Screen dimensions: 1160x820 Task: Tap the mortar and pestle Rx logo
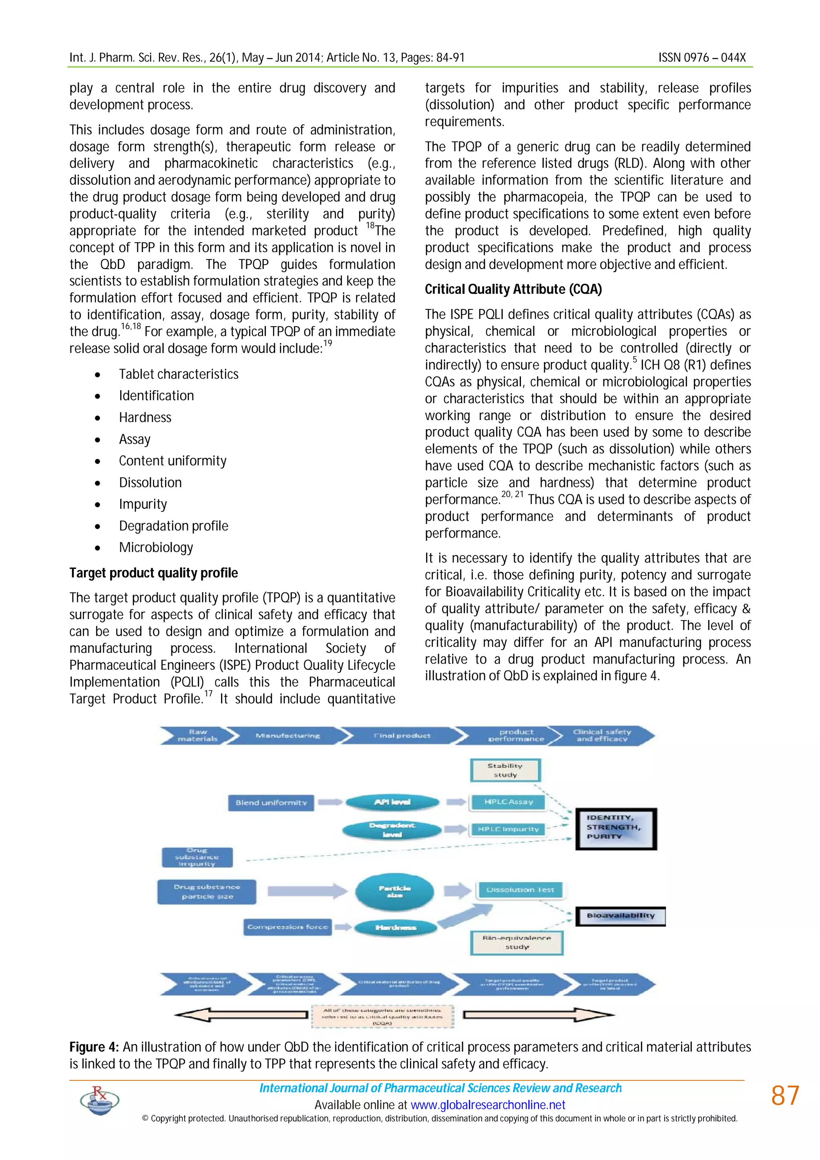click(100, 1100)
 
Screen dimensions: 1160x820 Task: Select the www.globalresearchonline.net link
click(488, 1105)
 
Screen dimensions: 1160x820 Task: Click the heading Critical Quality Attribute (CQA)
click(513, 289)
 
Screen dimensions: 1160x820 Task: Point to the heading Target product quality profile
click(154, 573)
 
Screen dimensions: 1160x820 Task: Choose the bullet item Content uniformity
click(172, 461)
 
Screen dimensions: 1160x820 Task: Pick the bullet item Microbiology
click(156, 548)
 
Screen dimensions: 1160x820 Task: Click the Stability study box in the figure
click(505, 771)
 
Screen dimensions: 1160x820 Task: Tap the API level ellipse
click(392, 802)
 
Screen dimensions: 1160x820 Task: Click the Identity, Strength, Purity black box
click(616, 829)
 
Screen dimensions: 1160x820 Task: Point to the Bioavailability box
click(621, 915)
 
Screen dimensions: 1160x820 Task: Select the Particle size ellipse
click(395, 892)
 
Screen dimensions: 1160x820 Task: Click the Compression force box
click(287, 927)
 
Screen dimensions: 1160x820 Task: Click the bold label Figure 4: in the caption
click(94, 1047)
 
